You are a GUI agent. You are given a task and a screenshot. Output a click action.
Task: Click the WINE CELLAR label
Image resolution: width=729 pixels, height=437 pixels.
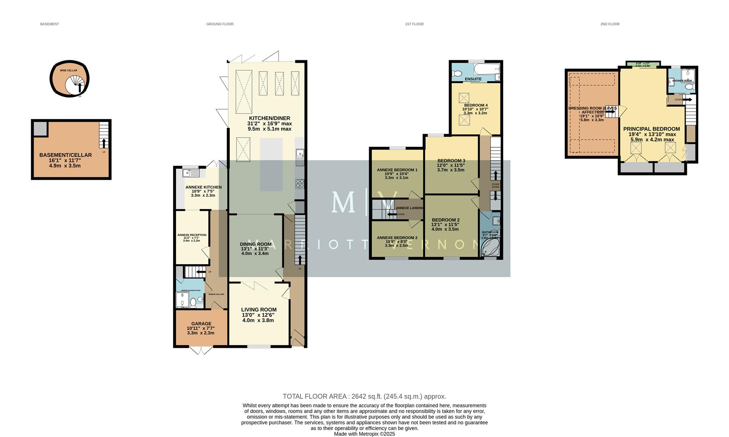[68, 70]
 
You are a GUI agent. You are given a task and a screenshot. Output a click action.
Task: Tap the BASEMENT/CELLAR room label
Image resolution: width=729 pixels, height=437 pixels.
[66, 155]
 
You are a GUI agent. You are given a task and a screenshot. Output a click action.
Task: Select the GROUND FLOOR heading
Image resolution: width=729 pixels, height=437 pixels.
[220, 24]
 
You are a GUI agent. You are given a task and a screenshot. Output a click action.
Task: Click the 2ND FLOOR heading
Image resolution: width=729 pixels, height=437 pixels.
[610, 24]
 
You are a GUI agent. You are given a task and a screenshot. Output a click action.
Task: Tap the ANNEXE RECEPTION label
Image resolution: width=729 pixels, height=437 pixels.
[192, 235]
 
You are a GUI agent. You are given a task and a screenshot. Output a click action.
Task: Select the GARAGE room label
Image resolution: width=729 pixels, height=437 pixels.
[201, 324]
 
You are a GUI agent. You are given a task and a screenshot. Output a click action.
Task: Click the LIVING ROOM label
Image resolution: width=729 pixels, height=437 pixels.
[259, 310]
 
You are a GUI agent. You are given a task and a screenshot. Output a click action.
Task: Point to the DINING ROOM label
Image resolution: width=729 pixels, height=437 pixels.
[255, 244]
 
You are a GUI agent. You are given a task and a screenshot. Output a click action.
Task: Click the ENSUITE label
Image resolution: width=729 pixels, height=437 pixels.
[473, 79]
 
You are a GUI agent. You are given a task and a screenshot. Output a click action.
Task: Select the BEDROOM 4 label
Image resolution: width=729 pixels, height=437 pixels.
[475, 105]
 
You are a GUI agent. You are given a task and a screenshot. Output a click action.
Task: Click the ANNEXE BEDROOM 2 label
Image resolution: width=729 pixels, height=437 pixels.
[397, 238]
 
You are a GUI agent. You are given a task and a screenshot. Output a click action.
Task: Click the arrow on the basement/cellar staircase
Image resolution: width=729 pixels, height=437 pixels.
[104, 143]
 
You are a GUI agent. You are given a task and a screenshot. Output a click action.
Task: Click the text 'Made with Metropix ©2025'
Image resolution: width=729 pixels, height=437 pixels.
[364, 434]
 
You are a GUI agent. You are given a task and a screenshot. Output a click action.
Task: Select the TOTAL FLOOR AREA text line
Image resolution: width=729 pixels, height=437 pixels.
[364, 397]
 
